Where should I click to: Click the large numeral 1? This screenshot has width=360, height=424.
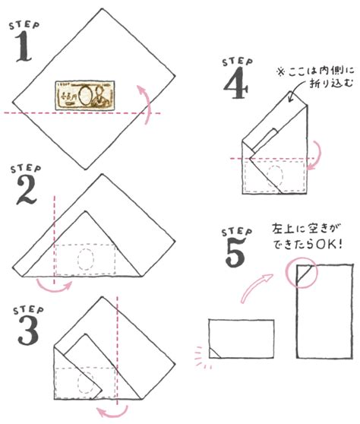coord(24,46)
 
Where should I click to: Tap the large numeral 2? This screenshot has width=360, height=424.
coord(27,190)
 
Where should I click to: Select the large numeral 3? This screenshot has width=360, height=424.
coord(28,331)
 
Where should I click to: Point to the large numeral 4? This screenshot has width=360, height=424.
coord(235,83)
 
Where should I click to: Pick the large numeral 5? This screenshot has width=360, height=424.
coord(235,252)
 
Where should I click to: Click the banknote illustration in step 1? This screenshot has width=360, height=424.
coord(85,95)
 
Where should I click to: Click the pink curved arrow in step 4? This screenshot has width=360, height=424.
coord(316,156)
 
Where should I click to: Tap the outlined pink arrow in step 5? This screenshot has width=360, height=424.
coord(255,288)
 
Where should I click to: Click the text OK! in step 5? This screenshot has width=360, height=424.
coord(329,245)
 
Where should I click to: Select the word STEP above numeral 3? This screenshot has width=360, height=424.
coord(28,310)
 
